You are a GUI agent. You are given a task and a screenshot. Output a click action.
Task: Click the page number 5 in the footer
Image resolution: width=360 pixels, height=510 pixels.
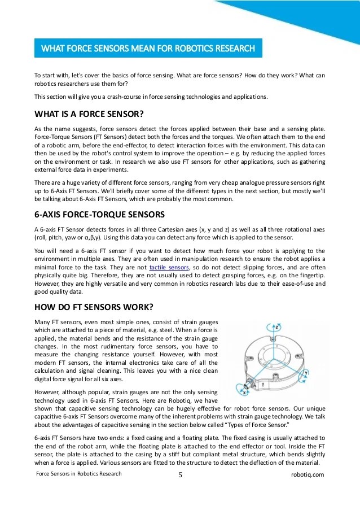coord(180,475)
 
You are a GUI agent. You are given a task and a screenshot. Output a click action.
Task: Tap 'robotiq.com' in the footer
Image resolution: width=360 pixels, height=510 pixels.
coord(310,474)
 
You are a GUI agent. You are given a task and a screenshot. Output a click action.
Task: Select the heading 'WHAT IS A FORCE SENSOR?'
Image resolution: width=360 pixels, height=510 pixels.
coord(89,112)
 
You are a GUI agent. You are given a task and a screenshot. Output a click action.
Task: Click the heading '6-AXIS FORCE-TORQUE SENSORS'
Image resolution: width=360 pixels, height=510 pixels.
coord(100,215)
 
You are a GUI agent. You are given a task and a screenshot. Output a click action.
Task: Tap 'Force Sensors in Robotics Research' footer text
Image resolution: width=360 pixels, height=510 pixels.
coord(78,474)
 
